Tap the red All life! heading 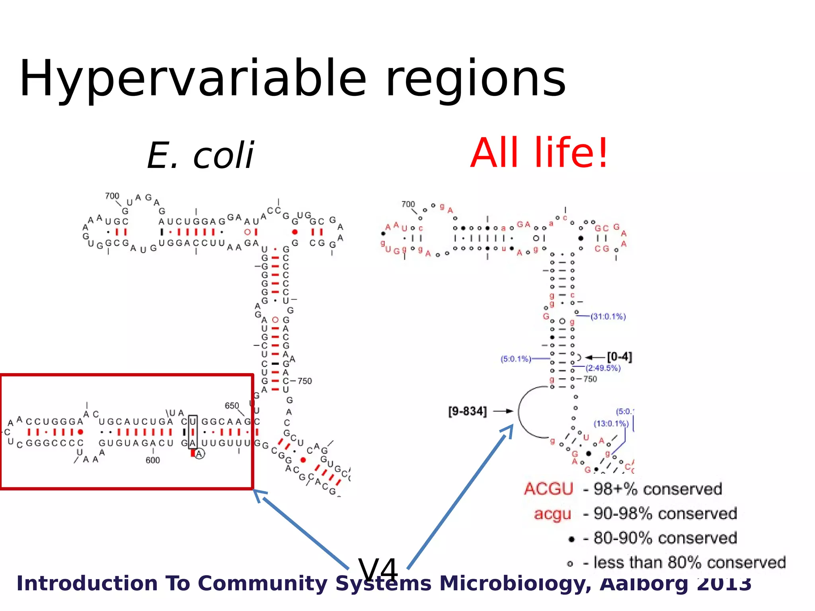pos(539,153)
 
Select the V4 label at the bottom pos(378,569)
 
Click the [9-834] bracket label pos(467,411)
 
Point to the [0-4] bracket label pos(619,357)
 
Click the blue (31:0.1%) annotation pos(608,317)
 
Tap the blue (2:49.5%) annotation pos(603,368)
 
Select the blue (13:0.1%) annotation pos(611,424)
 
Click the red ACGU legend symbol pos(548,489)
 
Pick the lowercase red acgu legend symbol pos(552,514)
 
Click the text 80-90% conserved pos(665,538)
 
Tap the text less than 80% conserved pos(689,563)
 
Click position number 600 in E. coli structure pos(152,460)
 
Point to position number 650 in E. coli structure pos(232,406)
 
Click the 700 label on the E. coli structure pos(112,196)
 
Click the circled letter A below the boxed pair pos(199,454)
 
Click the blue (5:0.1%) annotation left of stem pos(516,359)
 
